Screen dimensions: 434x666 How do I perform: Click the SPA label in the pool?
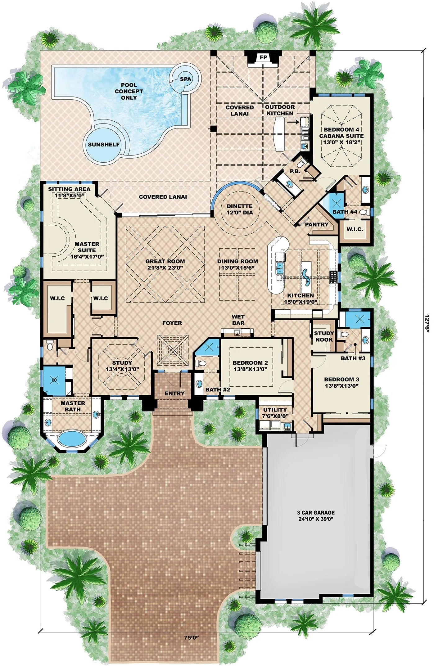click(x=185, y=79)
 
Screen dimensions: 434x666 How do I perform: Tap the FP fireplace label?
click(x=263, y=57)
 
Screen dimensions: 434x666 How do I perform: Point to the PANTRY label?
click(x=316, y=224)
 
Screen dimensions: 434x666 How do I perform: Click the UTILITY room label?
click(x=275, y=409)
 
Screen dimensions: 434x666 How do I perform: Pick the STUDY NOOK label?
click(x=324, y=336)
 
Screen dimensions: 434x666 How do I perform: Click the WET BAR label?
click(x=238, y=320)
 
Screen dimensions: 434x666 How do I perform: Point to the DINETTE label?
click(x=239, y=206)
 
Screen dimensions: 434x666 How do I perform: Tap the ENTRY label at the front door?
click(x=174, y=393)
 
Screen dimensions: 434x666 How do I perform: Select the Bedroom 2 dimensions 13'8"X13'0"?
click(x=250, y=369)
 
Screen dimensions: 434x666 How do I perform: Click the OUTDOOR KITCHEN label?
click(x=280, y=110)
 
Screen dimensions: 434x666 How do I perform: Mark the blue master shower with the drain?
click(x=54, y=380)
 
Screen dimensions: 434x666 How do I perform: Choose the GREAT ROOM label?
click(x=165, y=261)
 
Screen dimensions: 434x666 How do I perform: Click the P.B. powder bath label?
click(x=295, y=171)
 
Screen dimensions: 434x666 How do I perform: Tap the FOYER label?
click(x=172, y=323)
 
